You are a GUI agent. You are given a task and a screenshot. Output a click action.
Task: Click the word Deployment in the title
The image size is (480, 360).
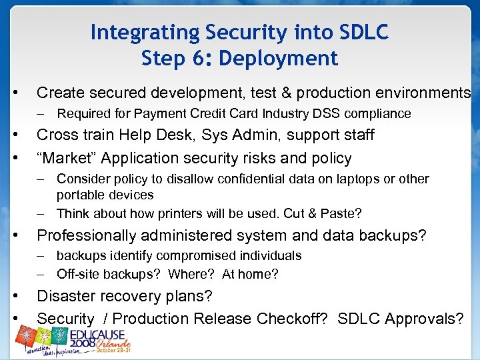pyautogui.click(x=289, y=59)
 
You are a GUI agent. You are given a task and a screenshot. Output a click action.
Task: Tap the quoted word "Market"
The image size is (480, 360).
pyautogui.click(x=63, y=158)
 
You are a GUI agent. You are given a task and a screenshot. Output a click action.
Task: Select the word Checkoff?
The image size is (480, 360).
pyautogui.click(x=291, y=319)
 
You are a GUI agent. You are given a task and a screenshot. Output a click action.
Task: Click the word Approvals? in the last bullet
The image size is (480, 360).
pyautogui.click(x=429, y=319)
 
